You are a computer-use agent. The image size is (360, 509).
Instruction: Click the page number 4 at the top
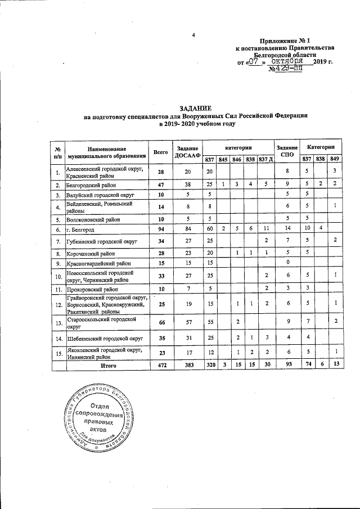pyautogui.click(x=193, y=37)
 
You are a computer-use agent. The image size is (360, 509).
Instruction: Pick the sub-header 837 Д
pyautogui.click(x=265, y=159)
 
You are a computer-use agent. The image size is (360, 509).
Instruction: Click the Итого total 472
pyautogui.click(x=160, y=366)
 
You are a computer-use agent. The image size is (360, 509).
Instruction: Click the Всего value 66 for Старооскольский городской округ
pyautogui.click(x=160, y=323)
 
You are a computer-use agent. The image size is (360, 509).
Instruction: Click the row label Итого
pyautogui.click(x=108, y=366)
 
